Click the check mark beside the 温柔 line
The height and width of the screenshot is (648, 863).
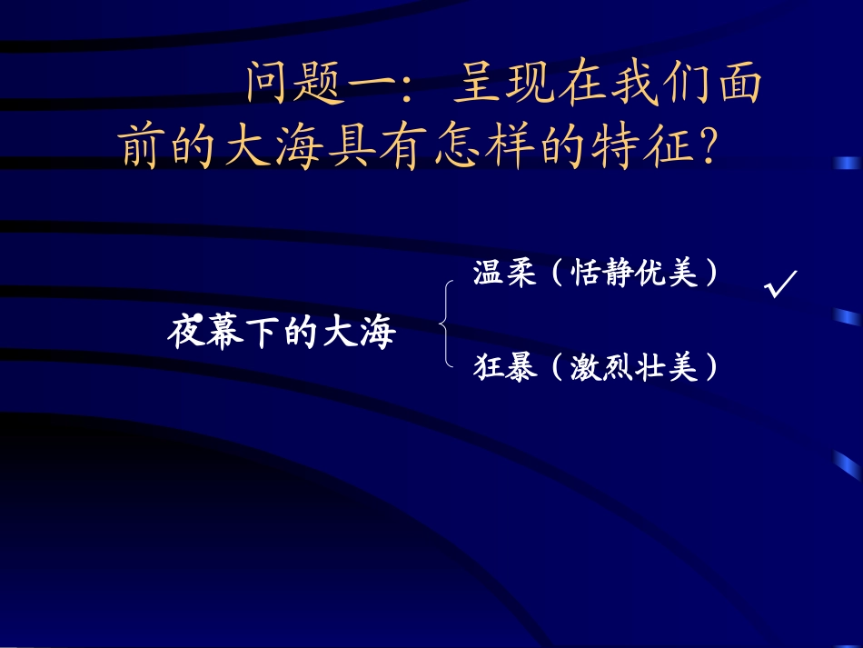click(781, 284)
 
